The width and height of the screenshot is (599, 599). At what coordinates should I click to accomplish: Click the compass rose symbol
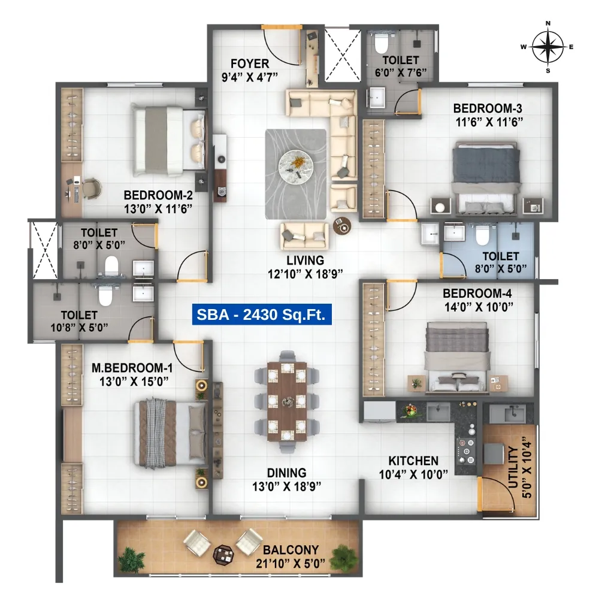(x=548, y=47)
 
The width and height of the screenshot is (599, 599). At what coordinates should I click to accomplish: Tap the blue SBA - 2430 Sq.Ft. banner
(x=262, y=314)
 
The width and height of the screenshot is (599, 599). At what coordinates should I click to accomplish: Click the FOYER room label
(x=250, y=63)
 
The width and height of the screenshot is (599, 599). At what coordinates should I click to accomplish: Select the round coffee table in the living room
(x=296, y=167)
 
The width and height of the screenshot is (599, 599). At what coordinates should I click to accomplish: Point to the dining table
(x=287, y=401)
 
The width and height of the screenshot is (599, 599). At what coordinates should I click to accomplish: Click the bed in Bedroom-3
(x=486, y=177)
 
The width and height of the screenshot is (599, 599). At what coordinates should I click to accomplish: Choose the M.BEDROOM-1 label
(x=132, y=368)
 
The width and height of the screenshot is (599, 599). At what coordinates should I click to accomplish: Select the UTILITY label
(x=513, y=467)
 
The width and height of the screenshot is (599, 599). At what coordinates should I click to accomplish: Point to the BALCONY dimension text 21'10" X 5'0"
(x=291, y=563)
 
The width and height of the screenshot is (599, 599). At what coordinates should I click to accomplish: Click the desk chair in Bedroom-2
(x=92, y=188)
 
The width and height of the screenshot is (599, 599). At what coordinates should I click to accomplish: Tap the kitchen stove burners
(x=466, y=451)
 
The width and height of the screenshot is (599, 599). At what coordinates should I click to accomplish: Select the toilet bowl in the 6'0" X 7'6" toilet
(x=381, y=43)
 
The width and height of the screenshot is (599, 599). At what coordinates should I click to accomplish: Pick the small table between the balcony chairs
(x=223, y=555)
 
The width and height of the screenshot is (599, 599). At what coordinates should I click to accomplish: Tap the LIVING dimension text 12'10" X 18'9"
(x=305, y=274)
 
